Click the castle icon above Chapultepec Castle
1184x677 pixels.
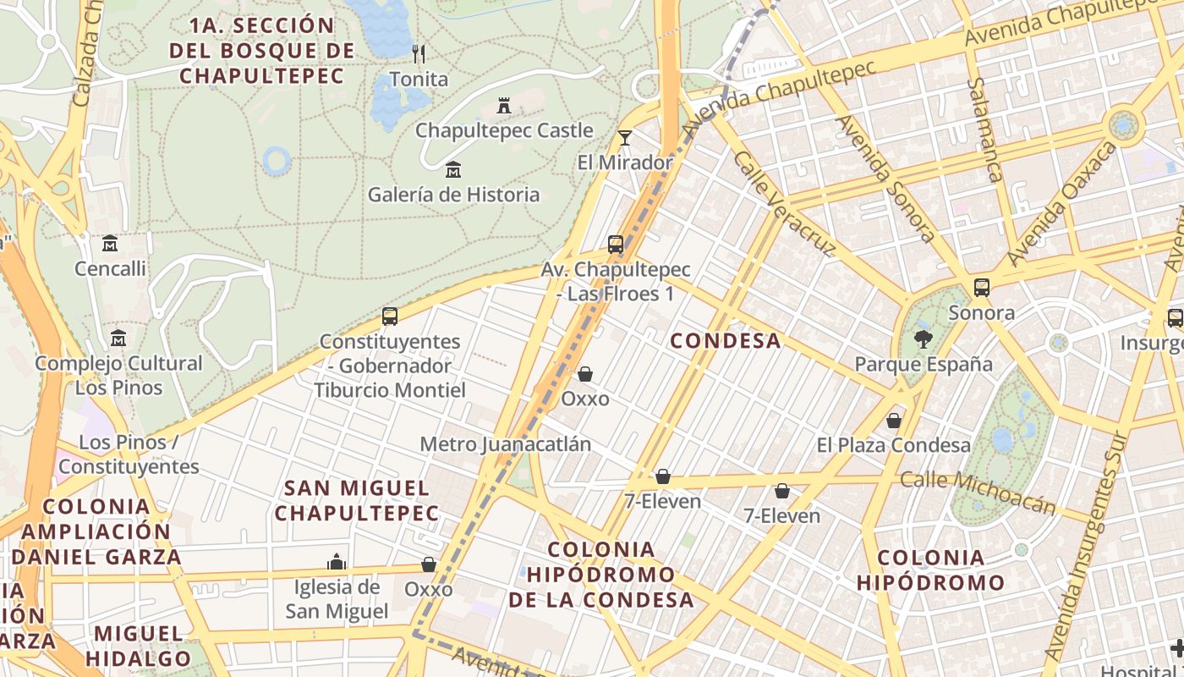click(x=504, y=106)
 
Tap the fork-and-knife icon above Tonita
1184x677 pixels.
click(x=419, y=54)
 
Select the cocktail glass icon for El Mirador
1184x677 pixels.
click(x=625, y=137)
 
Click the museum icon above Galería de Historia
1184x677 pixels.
click(x=453, y=170)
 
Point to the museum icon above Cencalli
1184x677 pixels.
click(x=110, y=245)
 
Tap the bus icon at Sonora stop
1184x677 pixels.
click(x=981, y=288)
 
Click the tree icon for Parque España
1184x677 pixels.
click(x=923, y=339)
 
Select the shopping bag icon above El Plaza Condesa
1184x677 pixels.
click(x=894, y=421)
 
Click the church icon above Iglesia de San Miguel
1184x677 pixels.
click(x=337, y=562)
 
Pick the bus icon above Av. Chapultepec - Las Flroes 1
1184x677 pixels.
click(x=616, y=245)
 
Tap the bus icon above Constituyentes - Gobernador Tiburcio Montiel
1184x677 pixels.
click(x=390, y=316)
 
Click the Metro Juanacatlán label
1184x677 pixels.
click(x=505, y=444)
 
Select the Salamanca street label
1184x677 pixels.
click(x=986, y=129)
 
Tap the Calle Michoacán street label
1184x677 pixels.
click(x=978, y=492)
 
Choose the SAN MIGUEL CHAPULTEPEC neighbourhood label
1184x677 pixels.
click(x=357, y=500)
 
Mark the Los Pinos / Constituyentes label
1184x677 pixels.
click(x=129, y=454)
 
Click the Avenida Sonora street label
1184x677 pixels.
click(x=885, y=179)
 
